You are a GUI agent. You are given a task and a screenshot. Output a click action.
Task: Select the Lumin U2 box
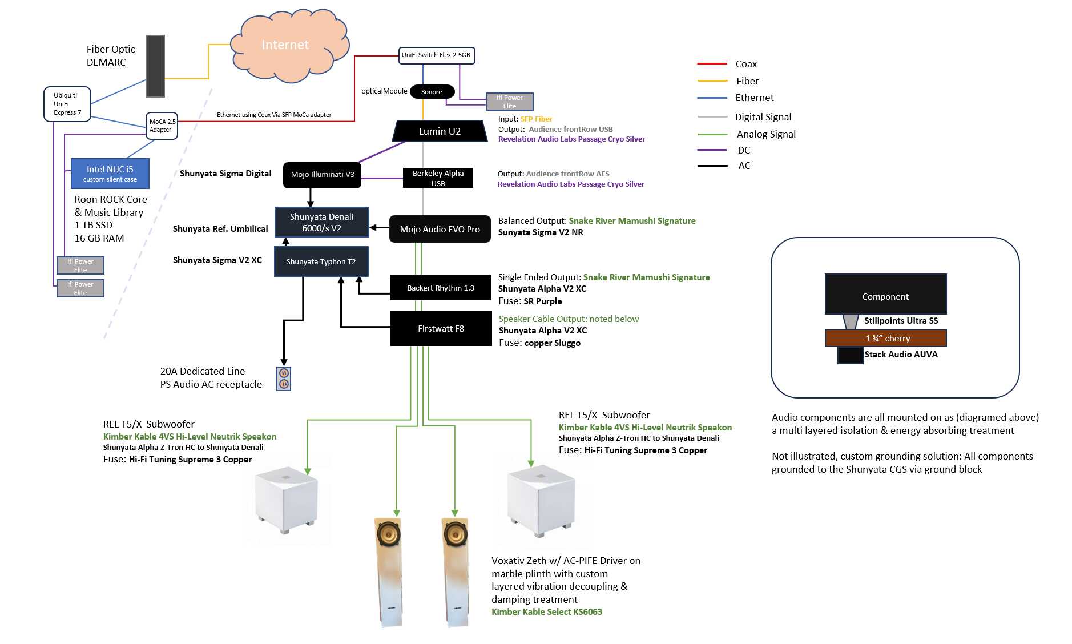coord(439,131)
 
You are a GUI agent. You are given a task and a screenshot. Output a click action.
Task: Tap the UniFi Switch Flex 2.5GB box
coord(436,55)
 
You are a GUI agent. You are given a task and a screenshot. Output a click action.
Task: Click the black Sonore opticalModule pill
coord(432,92)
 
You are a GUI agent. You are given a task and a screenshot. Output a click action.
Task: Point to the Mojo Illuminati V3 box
coord(322,175)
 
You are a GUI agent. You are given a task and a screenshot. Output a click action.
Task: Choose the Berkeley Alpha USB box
coord(438,178)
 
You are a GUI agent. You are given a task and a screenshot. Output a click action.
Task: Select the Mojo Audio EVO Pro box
coord(440,230)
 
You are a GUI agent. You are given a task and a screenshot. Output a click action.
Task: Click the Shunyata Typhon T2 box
coord(321,262)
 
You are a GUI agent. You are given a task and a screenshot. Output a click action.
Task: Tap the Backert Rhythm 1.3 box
coord(440,288)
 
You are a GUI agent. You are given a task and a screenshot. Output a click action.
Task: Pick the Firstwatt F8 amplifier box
coord(441,329)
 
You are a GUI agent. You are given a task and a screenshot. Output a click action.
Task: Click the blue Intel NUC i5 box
coord(110,174)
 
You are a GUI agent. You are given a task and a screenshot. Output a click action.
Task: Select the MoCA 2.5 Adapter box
coord(162,126)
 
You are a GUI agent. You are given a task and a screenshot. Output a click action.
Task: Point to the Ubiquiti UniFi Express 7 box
coord(67,104)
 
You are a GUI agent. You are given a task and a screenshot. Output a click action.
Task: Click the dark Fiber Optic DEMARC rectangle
coord(155,66)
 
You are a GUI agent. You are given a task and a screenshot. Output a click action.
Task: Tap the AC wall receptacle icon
coord(284,379)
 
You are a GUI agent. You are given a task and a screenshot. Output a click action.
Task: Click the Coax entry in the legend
coord(745,64)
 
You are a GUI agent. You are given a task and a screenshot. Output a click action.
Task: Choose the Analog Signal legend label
coord(765,134)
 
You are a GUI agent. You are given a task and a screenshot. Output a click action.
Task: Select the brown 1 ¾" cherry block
coord(885,339)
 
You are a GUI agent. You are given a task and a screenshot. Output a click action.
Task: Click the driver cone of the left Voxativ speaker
coord(388,536)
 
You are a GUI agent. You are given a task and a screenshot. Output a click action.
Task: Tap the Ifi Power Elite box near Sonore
coord(509,102)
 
